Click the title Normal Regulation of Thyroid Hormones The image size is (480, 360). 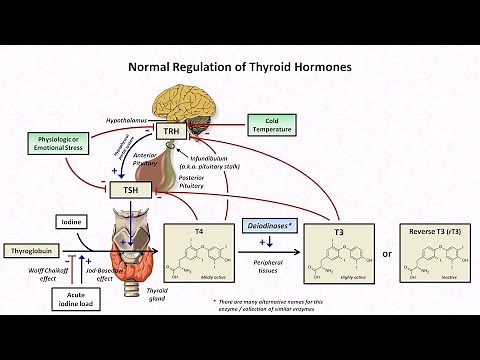click(239, 67)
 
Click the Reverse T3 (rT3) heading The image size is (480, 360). click(432, 232)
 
